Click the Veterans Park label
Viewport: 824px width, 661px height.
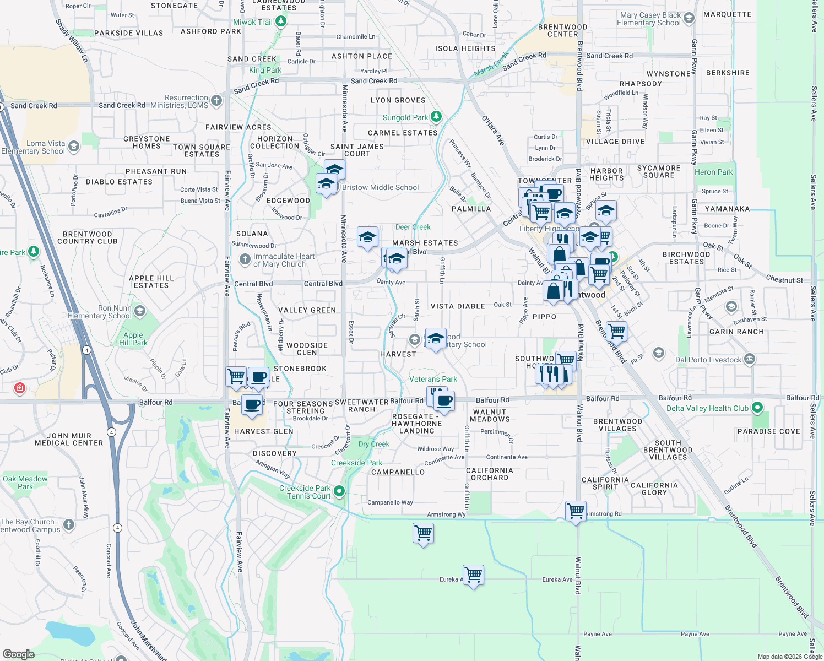tap(433, 379)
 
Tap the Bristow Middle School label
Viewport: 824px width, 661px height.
tap(380, 187)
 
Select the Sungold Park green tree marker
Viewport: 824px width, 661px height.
tap(436, 116)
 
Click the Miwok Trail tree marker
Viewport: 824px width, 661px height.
tap(281, 21)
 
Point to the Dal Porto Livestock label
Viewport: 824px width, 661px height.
tap(708, 360)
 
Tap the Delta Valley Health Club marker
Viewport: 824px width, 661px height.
tap(757, 408)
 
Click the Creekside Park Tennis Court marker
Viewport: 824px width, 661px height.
tap(339, 491)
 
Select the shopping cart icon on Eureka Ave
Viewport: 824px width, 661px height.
tap(473, 575)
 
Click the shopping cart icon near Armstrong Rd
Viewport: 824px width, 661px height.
tap(576, 511)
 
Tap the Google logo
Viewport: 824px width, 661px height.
tap(19, 654)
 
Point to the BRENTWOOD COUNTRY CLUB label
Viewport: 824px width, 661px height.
tap(87, 237)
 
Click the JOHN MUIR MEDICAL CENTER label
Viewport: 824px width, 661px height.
tap(69, 439)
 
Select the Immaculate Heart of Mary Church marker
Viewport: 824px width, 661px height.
tap(245, 259)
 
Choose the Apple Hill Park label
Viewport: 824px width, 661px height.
tap(133, 339)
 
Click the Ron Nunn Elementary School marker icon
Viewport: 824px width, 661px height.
tap(140, 311)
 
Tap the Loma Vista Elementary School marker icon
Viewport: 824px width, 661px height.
tap(74, 147)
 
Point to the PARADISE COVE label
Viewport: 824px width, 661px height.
tap(768, 431)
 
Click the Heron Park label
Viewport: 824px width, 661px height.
tap(713, 172)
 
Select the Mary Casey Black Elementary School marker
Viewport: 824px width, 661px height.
tap(689, 19)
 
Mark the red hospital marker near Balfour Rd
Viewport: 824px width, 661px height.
tap(20, 388)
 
